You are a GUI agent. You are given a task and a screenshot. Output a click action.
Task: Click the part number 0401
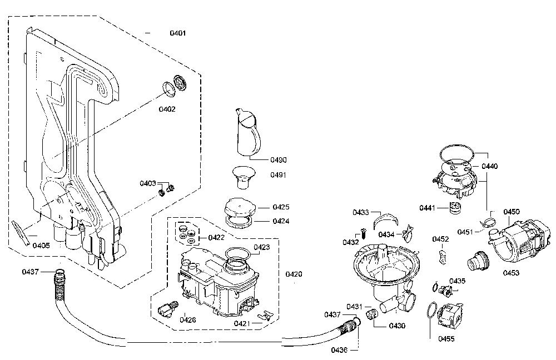click(x=178, y=33)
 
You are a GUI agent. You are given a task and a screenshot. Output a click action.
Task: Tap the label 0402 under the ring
click(x=167, y=109)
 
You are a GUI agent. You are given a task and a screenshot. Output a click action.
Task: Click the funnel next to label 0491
click(x=244, y=178)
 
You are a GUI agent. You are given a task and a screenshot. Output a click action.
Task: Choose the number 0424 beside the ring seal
click(x=281, y=221)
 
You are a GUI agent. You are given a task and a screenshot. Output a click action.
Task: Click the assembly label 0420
click(x=294, y=274)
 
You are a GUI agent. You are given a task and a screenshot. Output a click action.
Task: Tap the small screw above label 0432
click(x=363, y=233)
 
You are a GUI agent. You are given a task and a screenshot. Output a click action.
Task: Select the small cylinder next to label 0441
click(x=454, y=208)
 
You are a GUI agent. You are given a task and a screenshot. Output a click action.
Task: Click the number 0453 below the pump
click(x=511, y=272)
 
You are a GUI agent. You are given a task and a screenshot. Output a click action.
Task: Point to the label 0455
click(x=446, y=339)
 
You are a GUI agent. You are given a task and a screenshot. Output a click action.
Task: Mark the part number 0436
click(x=339, y=350)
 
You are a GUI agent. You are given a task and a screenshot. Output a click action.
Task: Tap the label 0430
click(x=397, y=326)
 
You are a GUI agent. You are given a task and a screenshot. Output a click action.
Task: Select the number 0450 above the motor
click(x=512, y=212)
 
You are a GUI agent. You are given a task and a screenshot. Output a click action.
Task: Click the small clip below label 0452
click(x=442, y=256)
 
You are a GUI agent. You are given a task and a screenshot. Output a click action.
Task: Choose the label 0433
click(x=361, y=212)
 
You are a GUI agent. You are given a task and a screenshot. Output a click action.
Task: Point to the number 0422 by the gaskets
click(x=216, y=237)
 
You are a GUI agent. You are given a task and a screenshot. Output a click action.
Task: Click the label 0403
click(x=148, y=183)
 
